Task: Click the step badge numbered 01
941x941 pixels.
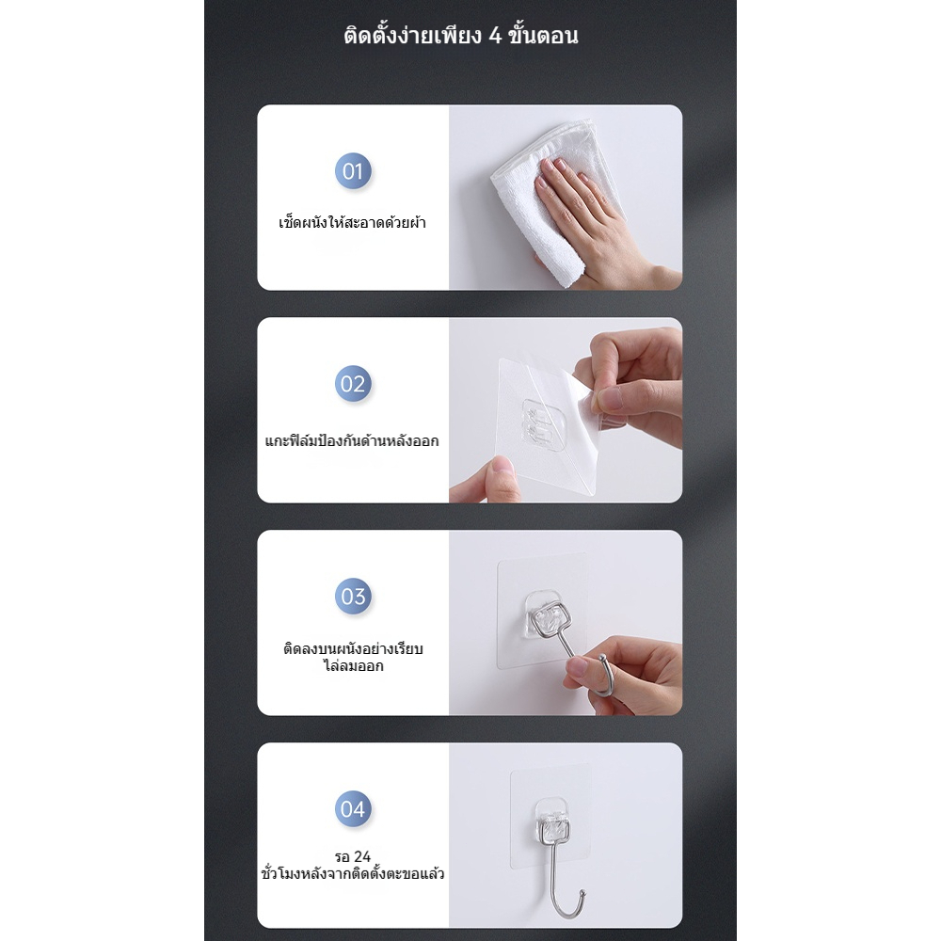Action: click(353, 171)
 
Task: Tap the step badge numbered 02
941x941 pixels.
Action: click(353, 384)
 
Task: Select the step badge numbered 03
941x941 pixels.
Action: click(353, 596)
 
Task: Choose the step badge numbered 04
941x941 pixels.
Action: click(353, 808)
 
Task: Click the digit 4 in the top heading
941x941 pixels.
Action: click(495, 36)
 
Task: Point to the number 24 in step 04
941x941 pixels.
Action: click(362, 856)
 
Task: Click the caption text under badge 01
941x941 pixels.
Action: click(352, 223)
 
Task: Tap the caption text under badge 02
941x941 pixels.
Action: click(352, 440)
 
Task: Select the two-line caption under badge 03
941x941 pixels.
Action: click(353, 657)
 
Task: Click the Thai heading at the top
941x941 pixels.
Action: click(461, 35)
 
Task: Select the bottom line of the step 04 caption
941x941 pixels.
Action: click(353, 873)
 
